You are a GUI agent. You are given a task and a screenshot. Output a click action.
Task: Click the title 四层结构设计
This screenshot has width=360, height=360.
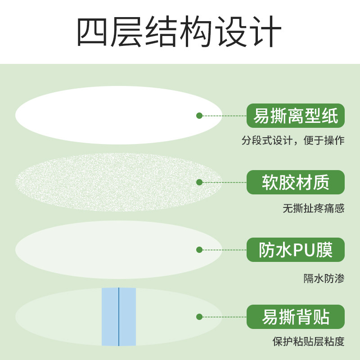[180, 32]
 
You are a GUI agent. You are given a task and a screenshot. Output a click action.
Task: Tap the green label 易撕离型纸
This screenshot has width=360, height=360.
[295, 116]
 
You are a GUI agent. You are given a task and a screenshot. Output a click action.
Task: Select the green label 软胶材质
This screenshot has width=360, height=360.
[295, 182]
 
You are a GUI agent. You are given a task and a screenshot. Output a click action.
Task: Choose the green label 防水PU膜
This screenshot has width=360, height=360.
[295, 250]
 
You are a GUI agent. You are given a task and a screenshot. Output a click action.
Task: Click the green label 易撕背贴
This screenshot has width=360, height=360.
[295, 317]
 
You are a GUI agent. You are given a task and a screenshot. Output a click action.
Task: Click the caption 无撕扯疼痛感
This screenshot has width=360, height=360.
[314, 208]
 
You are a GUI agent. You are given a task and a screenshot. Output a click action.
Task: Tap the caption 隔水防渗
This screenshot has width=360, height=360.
[324, 278]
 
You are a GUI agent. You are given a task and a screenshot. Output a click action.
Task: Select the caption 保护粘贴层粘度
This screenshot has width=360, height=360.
[309, 341]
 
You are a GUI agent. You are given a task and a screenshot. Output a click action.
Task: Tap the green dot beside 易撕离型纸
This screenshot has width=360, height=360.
[199, 116]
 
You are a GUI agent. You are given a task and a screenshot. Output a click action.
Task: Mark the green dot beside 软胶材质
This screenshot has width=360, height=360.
[199, 182]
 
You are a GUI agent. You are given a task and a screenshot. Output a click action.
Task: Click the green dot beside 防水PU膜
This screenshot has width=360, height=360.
[199, 250]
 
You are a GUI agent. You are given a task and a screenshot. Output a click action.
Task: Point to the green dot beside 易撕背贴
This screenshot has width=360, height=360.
[199, 317]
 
